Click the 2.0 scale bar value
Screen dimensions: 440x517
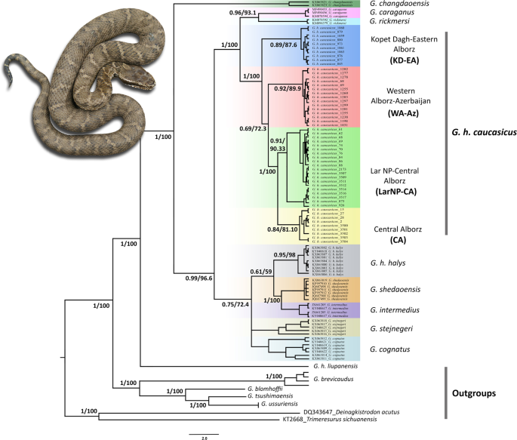coord(204,435)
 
